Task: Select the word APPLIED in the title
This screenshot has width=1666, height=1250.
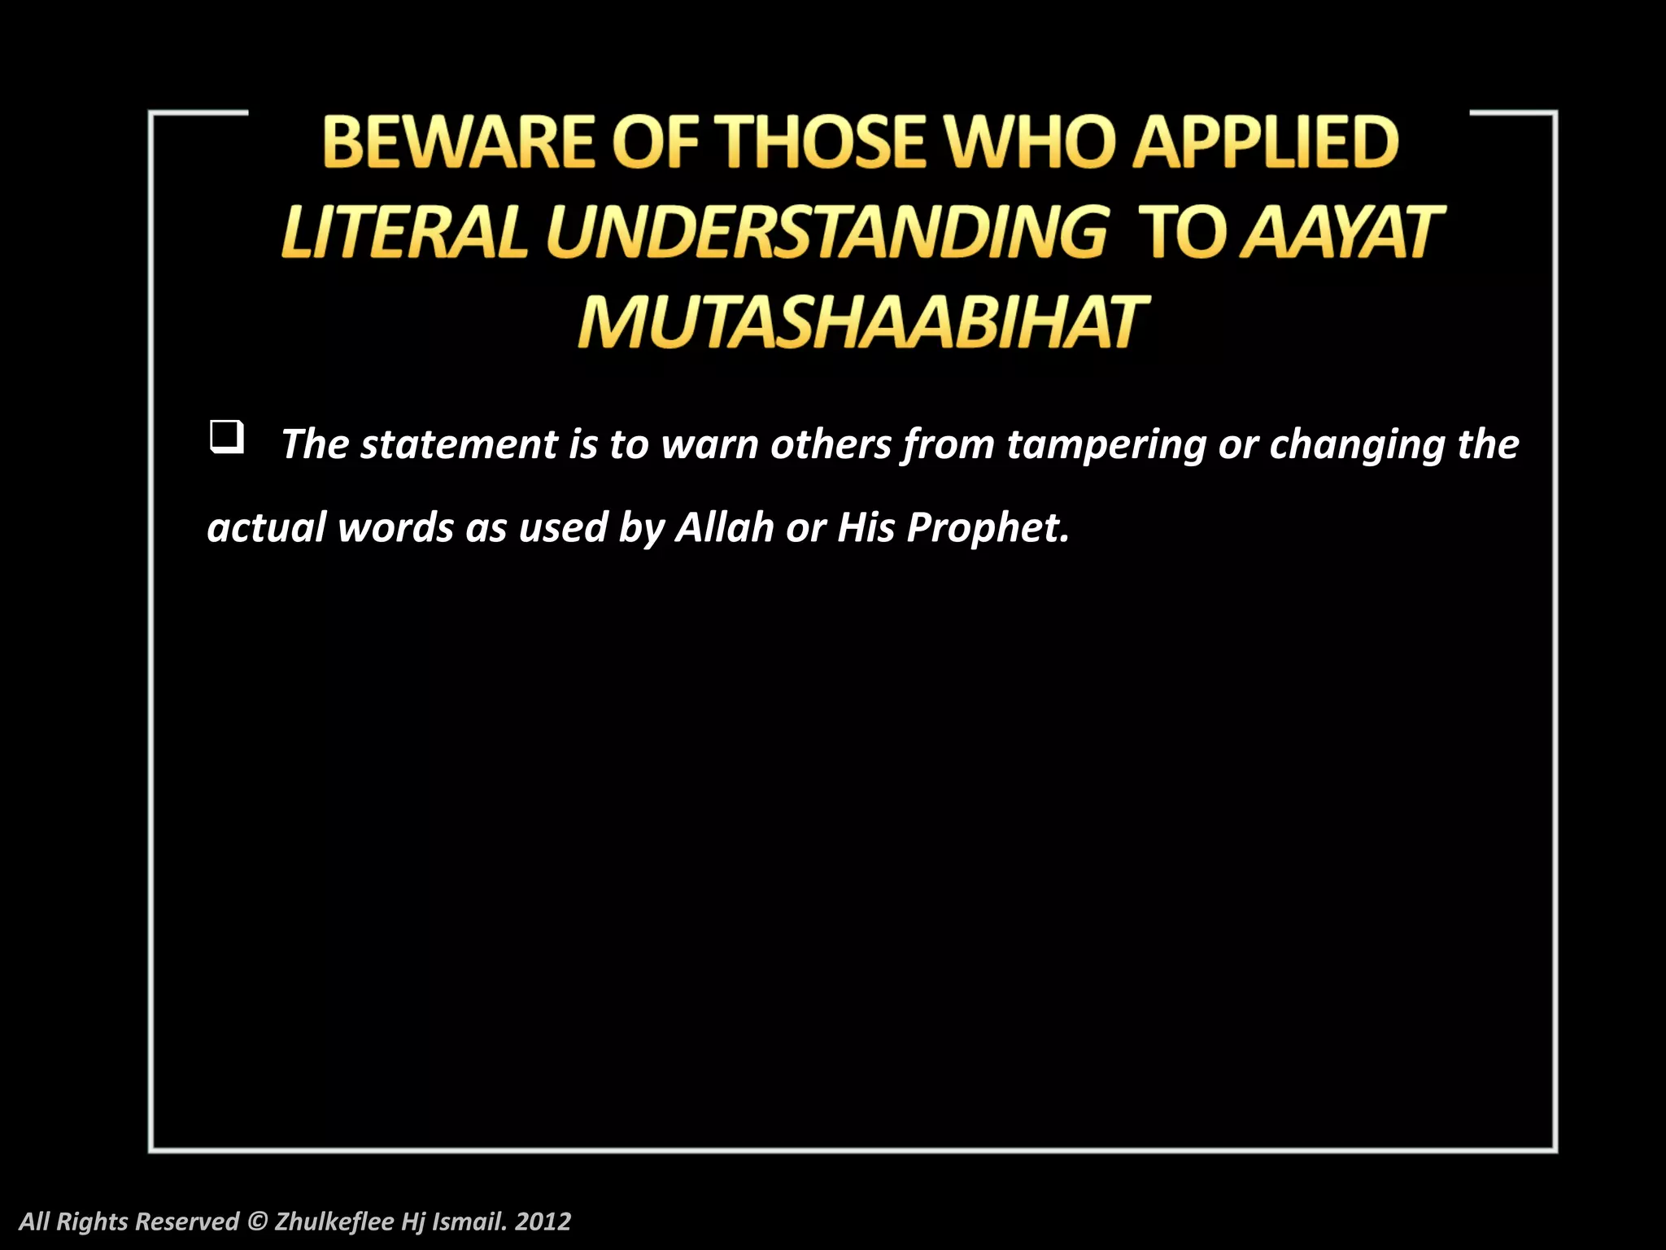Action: (x=1266, y=142)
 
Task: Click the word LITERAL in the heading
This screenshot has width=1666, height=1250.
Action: (x=403, y=233)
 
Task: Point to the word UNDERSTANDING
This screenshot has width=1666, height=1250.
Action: (x=826, y=233)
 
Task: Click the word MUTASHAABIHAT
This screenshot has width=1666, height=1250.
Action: (x=862, y=322)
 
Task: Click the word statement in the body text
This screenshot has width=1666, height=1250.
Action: (x=458, y=445)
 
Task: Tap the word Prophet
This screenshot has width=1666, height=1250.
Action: (x=987, y=529)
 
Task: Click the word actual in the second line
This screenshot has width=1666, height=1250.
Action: (x=267, y=527)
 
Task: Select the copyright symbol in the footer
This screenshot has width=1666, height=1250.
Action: (x=256, y=1222)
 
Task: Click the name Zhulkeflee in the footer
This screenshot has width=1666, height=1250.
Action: (x=334, y=1222)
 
